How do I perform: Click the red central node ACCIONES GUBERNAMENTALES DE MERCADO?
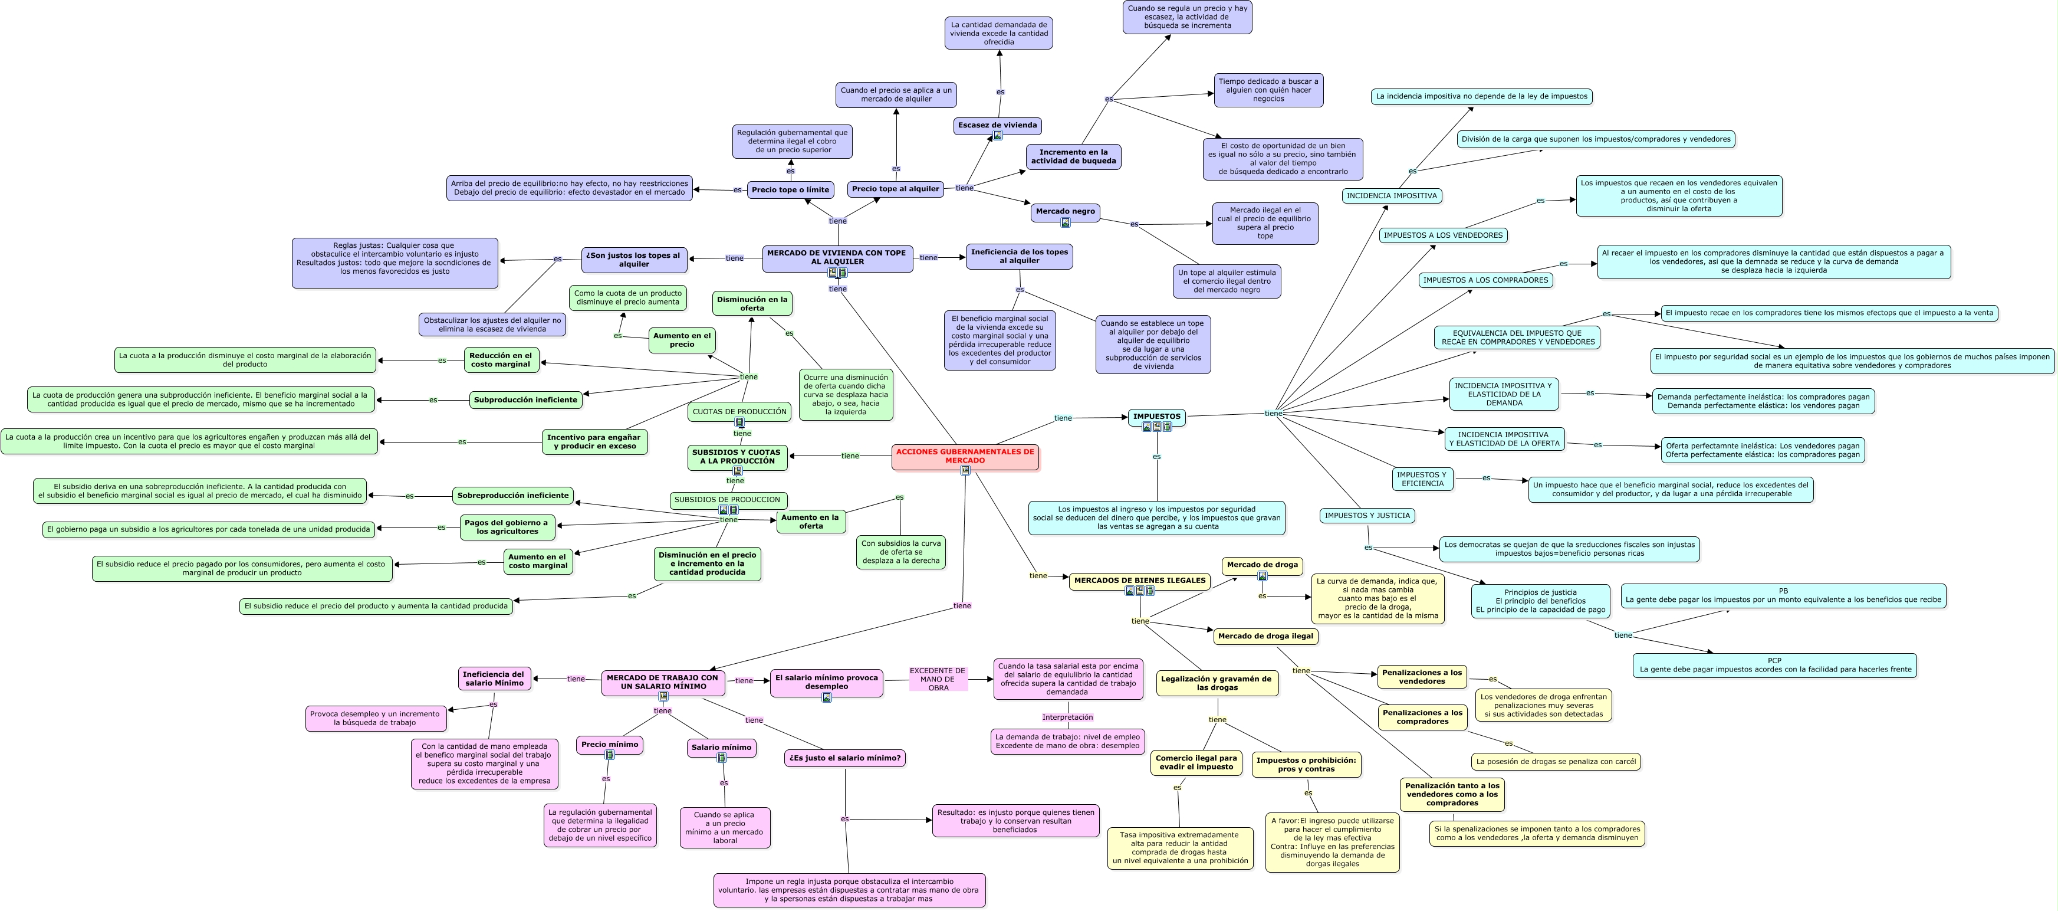[x=965, y=457]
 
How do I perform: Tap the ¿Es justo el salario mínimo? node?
[x=845, y=758]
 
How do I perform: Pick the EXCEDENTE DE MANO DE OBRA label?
[x=938, y=679]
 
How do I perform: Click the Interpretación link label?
[x=1067, y=717]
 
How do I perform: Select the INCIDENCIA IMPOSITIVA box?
[x=1392, y=196]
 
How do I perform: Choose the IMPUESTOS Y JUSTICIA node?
[x=1367, y=516]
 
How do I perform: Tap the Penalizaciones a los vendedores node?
[x=1422, y=677]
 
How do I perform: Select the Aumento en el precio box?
[x=682, y=340]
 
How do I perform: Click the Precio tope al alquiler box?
[x=896, y=189]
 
